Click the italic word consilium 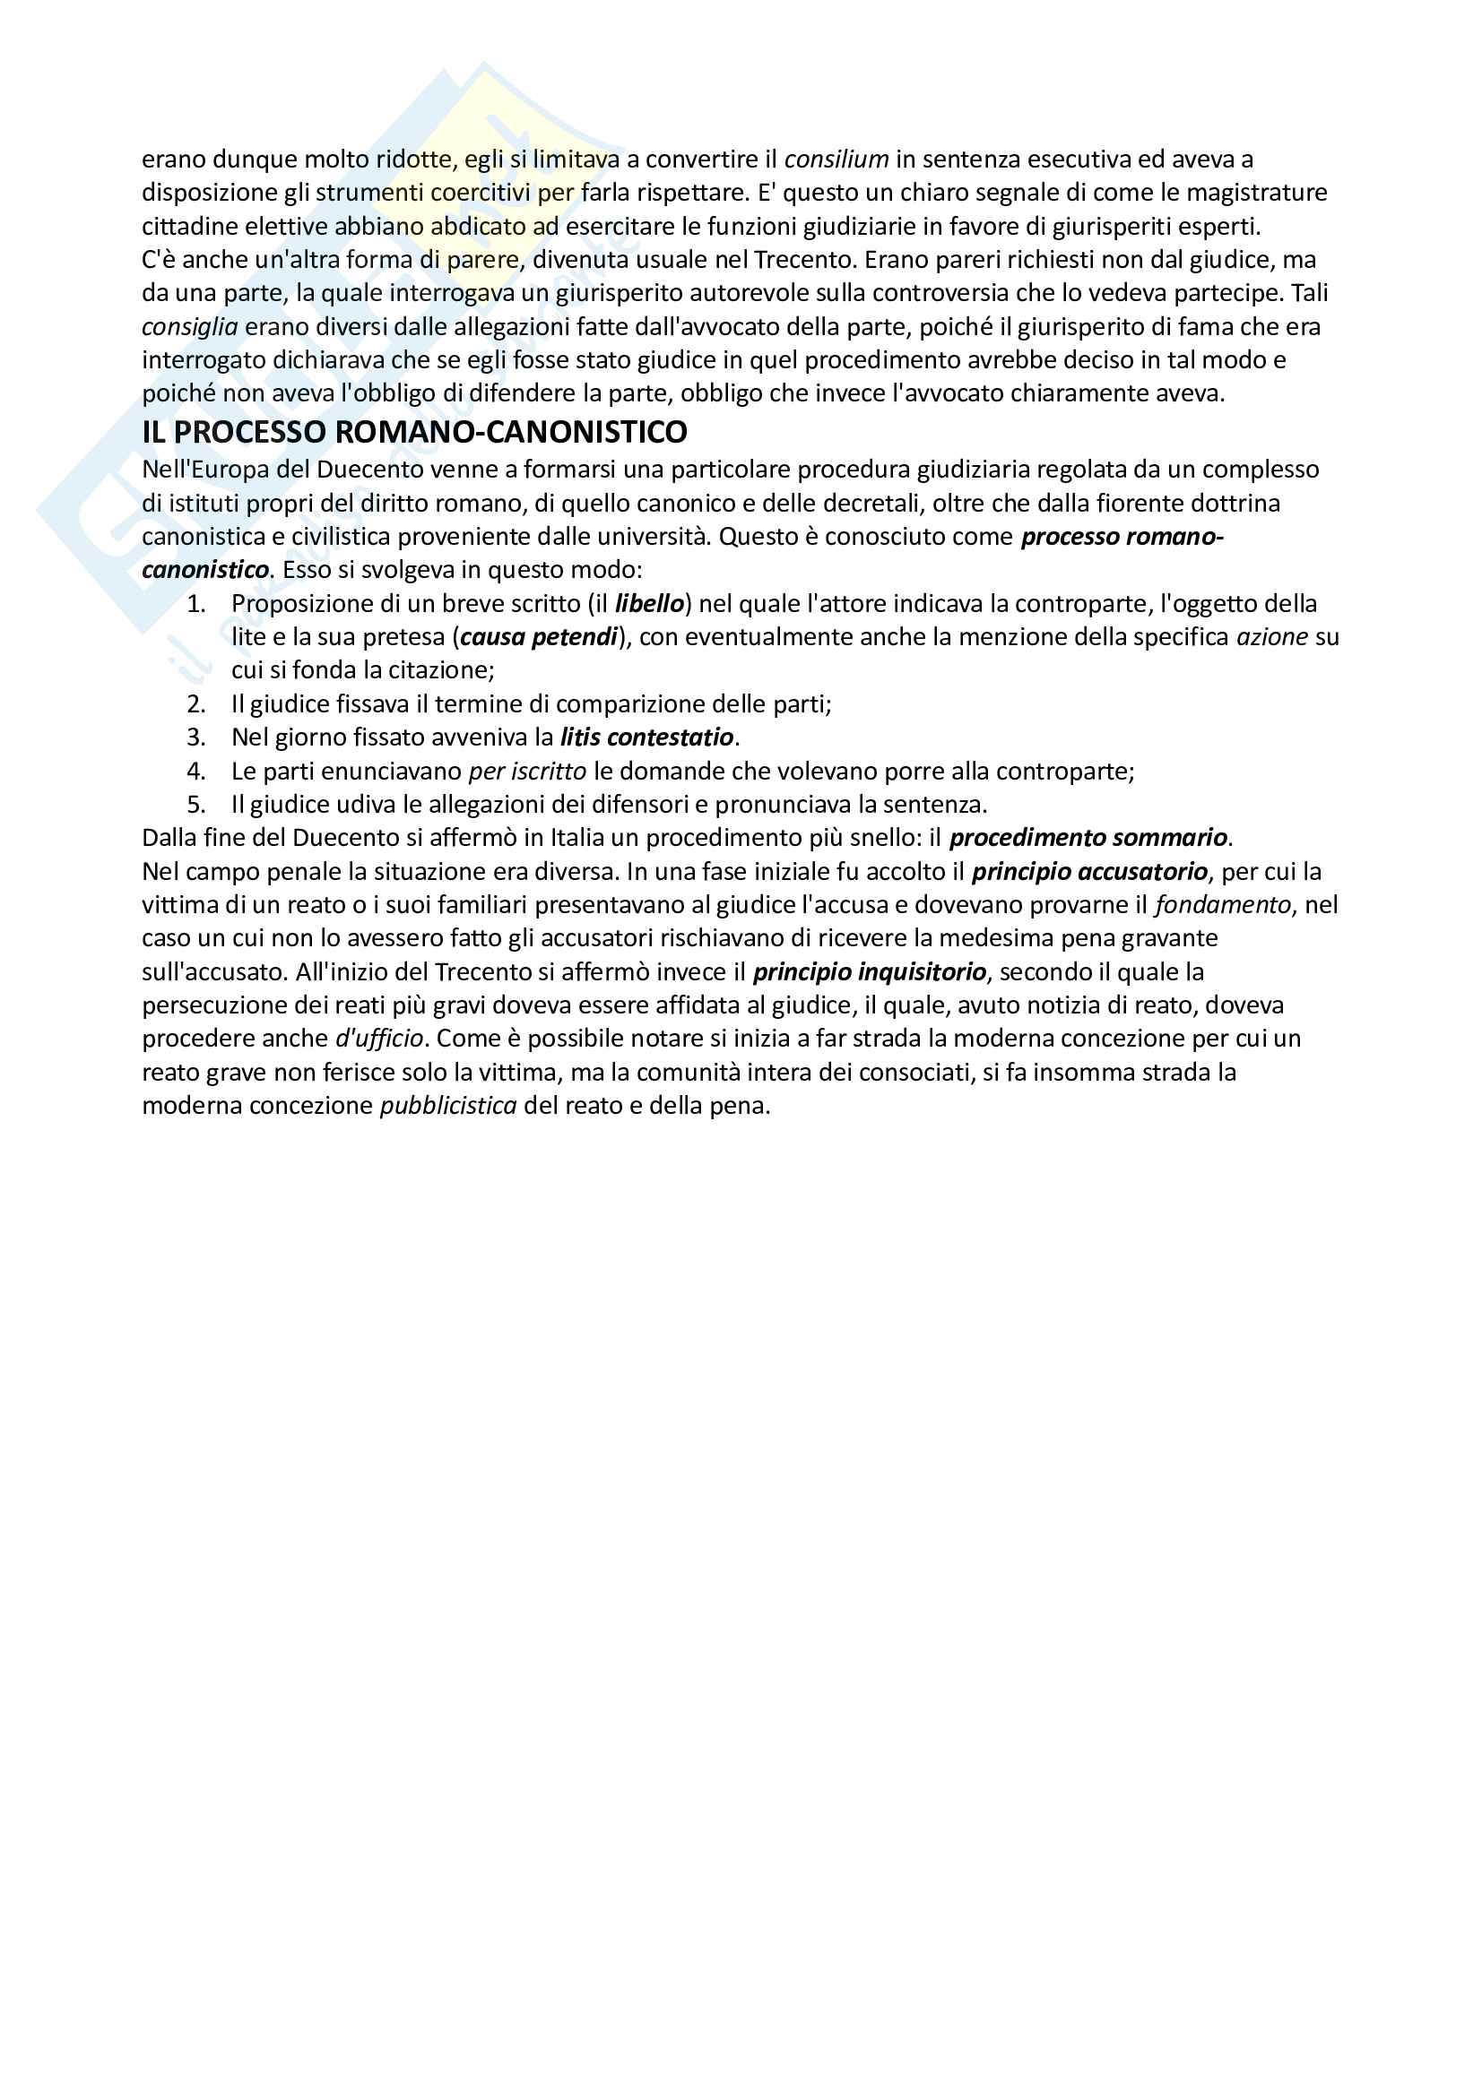pos(836,160)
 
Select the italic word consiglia pos(190,327)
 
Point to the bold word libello pos(649,603)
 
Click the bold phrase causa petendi pos(539,637)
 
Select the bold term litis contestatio pos(646,737)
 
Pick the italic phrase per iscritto pos(527,772)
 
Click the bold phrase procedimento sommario pos(1088,838)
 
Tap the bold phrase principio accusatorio pos(1089,872)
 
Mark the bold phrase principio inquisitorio pos(870,972)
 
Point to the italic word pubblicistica pos(448,1107)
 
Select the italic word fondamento pos(1223,906)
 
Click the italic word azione pos(1271,637)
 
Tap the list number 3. pos(195,737)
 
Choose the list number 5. pos(195,806)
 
